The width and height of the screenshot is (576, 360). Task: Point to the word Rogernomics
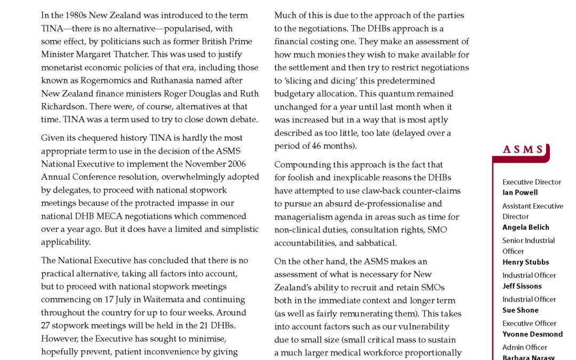(x=97, y=81)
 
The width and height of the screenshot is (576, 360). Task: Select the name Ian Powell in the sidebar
(x=520, y=193)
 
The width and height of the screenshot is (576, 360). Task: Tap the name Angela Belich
(x=525, y=227)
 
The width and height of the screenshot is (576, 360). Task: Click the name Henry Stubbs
(x=525, y=262)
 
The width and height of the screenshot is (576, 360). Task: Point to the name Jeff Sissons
(x=522, y=286)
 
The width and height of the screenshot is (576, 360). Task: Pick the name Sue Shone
(x=520, y=310)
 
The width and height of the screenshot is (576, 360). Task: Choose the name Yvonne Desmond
(x=532, y=334)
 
